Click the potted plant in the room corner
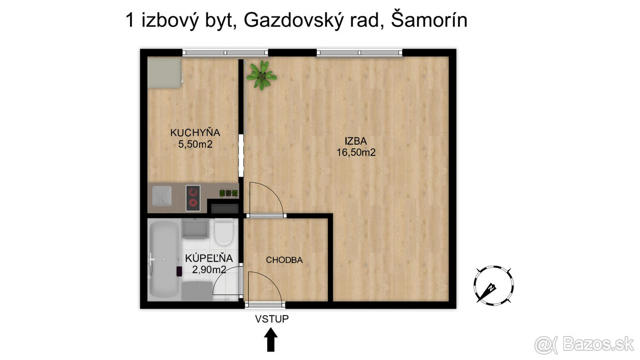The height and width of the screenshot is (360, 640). [261, 75]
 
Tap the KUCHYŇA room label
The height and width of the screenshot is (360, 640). [195, 132]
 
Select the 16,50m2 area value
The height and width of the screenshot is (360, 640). [356, 153]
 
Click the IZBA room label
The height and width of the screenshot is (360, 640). [356, 141]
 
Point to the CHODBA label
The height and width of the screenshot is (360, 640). [284, 260]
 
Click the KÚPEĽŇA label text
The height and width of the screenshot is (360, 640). [205, 259]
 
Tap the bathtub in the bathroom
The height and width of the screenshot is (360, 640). [164, 260]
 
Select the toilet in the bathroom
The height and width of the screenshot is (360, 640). [224, 233]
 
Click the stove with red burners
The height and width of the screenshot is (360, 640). [193, 197]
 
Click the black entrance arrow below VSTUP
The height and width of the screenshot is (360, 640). [271, 339]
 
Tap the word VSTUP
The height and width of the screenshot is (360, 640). [271, 319]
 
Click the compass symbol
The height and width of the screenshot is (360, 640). [494, 284]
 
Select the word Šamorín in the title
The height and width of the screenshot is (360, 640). [429, 20]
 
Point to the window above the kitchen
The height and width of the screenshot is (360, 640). [225, 52]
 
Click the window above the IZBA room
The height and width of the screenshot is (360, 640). [359, 52]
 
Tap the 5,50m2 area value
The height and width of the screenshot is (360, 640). [195, 144]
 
